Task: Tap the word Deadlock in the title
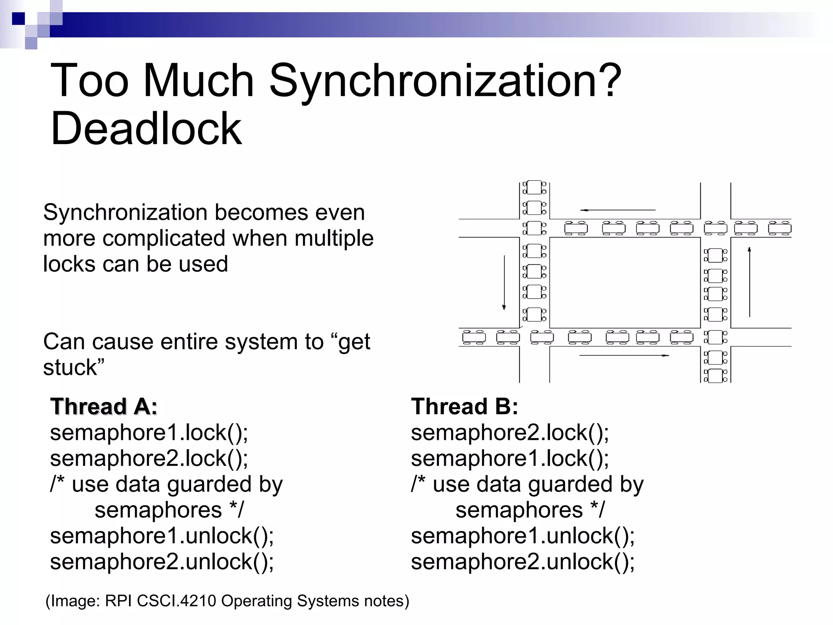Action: click(146, 129)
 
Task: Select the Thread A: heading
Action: click(104, 406)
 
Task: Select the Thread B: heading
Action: click(464, 406)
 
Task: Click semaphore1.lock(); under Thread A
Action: click(149, 432)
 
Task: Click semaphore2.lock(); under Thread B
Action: click(510, 432)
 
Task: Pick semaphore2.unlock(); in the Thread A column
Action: click(162, 562)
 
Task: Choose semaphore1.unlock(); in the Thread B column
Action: click(523, 535)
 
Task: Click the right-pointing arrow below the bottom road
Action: click(624, 355)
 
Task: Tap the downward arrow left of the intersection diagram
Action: click(504, 282)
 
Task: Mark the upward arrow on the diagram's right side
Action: click(749, 282)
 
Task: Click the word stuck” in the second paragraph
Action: click(74, 367)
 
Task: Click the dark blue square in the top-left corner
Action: click(18, 19)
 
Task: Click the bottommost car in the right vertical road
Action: click(715, 376)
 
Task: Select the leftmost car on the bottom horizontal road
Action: click(474, 337)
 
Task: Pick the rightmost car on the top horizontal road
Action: click(779, 228)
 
